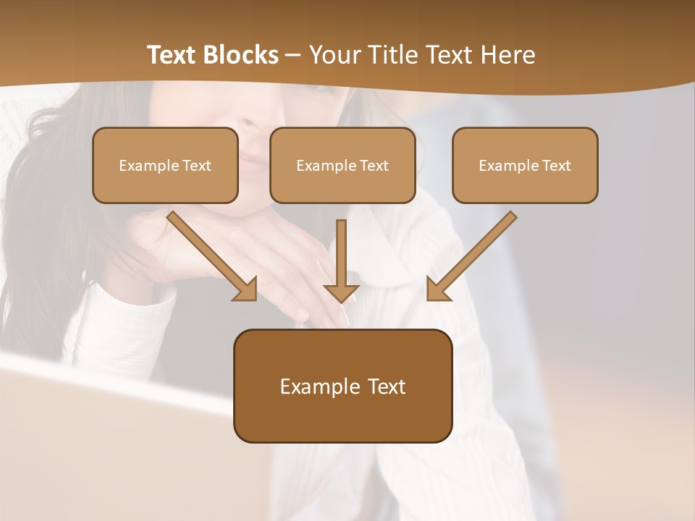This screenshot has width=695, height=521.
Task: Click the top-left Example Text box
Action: (165, 166)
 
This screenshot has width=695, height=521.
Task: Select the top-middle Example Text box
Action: (342, 166)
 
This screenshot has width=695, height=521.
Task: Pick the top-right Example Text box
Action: (525, 166)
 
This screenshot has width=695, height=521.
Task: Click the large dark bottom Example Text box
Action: (342, 386)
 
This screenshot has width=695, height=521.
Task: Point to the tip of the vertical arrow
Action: (341, 300)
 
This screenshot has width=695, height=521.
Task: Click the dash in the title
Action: (293, 55)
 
